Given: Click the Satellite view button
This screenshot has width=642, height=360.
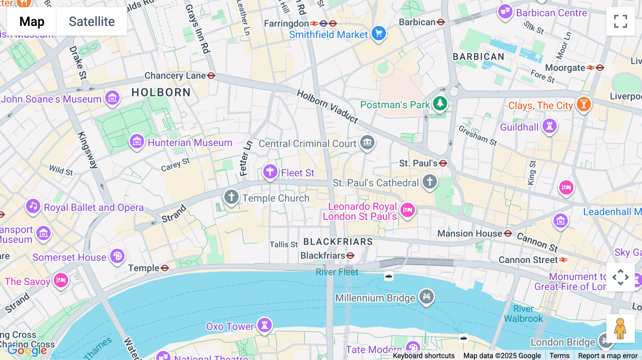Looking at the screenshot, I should pyautogui.click(x=92, y=22).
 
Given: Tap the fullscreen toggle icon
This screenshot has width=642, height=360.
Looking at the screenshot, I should pyautogui.click(x=620, y=21).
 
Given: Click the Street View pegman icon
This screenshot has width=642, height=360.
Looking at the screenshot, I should pyautogui.click(x=620, y=328).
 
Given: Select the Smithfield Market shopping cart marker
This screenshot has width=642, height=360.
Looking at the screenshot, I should pyautogui.click(x=379, y=34).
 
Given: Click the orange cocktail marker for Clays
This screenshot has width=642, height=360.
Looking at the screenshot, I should pyautogui.click(x=584, y=104).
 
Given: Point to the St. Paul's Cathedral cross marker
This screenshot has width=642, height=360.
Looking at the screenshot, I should pyautogui.click(x=430, y=182).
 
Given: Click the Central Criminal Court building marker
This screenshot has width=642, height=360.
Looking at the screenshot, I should pyautogui.click(x=367, y=143).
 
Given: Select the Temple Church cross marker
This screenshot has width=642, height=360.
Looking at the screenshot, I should pyautogui.click(x=231, y=197).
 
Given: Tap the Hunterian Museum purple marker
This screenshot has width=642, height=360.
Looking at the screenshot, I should pyautogui.click(x=137, y=142).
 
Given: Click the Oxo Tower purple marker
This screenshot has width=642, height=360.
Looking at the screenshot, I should pyautogui.click(x=265, y=325).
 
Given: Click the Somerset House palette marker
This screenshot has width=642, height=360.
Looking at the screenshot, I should pyautogui.click(x=117, y=256).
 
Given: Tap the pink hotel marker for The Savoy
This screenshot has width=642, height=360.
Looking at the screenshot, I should pyautogui.click(x=61, y=281).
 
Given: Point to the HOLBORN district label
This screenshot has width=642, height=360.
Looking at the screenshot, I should pyautogui.click(x=161, y=93).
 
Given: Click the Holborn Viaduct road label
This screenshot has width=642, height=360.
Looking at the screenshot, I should pyautogui.click(x=327, y=106).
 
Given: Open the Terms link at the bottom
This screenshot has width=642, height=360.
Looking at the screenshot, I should pyautogui.click(x=559, y=355).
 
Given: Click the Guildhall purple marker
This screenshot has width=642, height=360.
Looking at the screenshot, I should pyautogui.click(x=550, y=127).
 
